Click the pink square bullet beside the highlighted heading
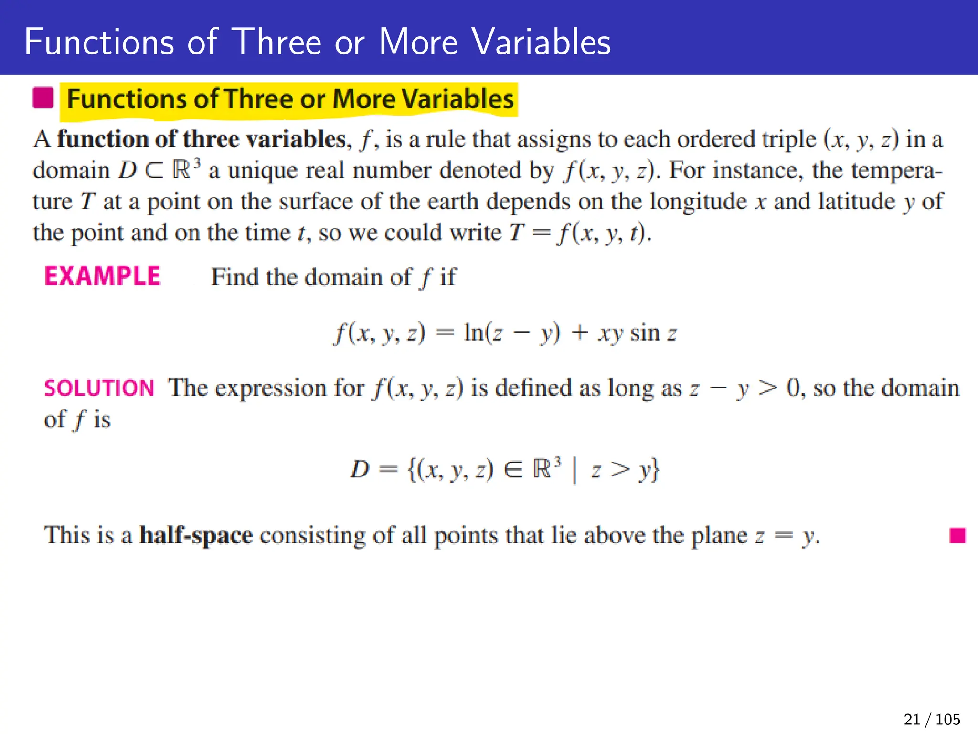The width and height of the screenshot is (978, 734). (x=43, y=98)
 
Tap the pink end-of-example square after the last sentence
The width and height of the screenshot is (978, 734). (x=957, y=535)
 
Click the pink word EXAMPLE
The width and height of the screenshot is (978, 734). (x=102, y=277)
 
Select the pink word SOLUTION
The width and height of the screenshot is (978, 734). (x=99, y=388)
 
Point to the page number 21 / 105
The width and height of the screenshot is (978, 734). (x=932, y=719)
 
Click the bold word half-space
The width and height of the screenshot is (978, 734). (x=196, y=535)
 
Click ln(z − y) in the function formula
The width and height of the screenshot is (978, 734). (x=511, y=333)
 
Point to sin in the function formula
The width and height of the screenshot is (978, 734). (x=645, y=333)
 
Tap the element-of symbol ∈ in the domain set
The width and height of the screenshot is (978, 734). (x=514, y=470)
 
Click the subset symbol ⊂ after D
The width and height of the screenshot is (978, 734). (x=154, y=171)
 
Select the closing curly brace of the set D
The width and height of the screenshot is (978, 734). (x=655, y=470)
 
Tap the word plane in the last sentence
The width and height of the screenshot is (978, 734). (x=719, y=535)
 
